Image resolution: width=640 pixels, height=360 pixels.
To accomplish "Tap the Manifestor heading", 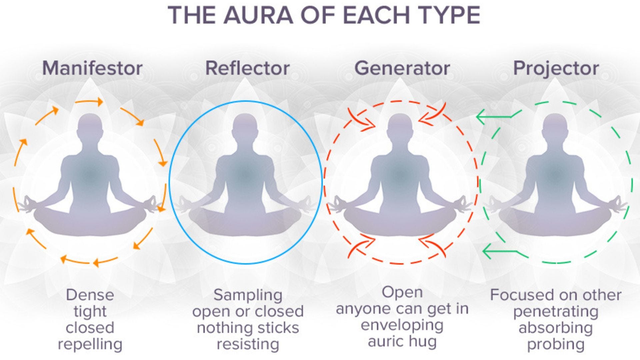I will [x=92, y=68].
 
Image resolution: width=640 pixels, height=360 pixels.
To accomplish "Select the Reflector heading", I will [x=247, y=68].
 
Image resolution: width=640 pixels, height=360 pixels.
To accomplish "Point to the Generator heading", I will [x=402, y=68].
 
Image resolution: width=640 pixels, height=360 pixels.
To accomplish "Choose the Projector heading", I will [x=556, y=68].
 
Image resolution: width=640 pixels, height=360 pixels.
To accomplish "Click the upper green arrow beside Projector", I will [x=493, y=117].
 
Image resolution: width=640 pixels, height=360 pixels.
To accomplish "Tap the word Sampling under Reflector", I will [x=248, y=295].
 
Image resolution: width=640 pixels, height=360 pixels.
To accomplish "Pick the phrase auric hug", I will [x=402, y=341].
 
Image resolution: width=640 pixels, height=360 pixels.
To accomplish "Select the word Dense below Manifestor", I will [x=90, y=295].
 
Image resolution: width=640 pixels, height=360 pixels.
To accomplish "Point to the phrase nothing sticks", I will [x=248, y=328].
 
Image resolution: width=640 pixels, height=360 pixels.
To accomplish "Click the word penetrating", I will [x=556, y=312].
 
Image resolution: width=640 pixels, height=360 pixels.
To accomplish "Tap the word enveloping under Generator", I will [x=402, y=325].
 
